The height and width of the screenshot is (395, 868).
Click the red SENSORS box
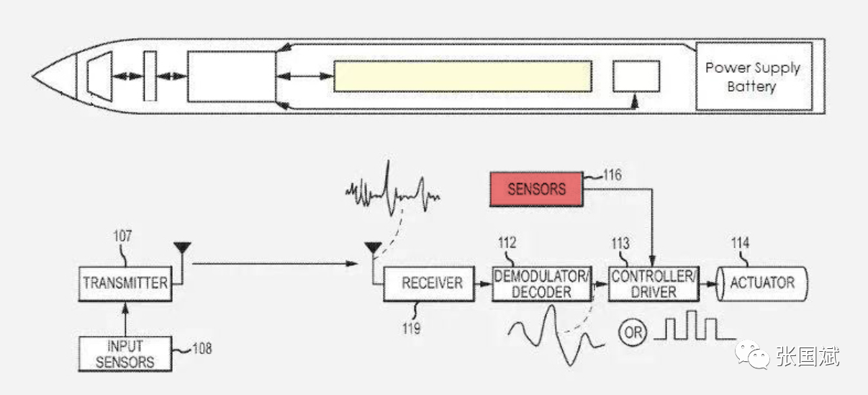(537, 189)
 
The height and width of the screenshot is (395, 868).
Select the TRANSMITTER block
(125, 283)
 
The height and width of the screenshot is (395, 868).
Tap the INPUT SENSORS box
(125, 354)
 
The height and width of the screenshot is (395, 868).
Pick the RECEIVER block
(429, 283)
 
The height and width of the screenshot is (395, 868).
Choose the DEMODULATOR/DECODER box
(542, 284)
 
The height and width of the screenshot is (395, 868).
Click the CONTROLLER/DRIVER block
(654, 284)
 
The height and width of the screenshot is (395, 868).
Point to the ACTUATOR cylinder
(762, 284)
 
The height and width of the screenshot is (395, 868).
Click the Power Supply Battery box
(754, 76)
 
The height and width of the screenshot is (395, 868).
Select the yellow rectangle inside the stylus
(463, 76)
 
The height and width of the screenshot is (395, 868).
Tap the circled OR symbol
(633, 332)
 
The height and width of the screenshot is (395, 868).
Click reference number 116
(612, 175)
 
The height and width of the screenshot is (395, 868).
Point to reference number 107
(122, 236)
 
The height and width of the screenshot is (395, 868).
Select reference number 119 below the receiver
(411, 329)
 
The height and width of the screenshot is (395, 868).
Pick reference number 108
(202, 348)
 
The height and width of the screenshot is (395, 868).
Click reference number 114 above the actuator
(740, 243)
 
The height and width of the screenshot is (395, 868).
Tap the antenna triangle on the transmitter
(182, 247)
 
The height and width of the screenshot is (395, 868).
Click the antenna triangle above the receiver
(373, 247)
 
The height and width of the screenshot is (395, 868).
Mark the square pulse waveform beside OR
(695, 325)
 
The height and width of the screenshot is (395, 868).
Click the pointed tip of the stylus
(32, 76)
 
